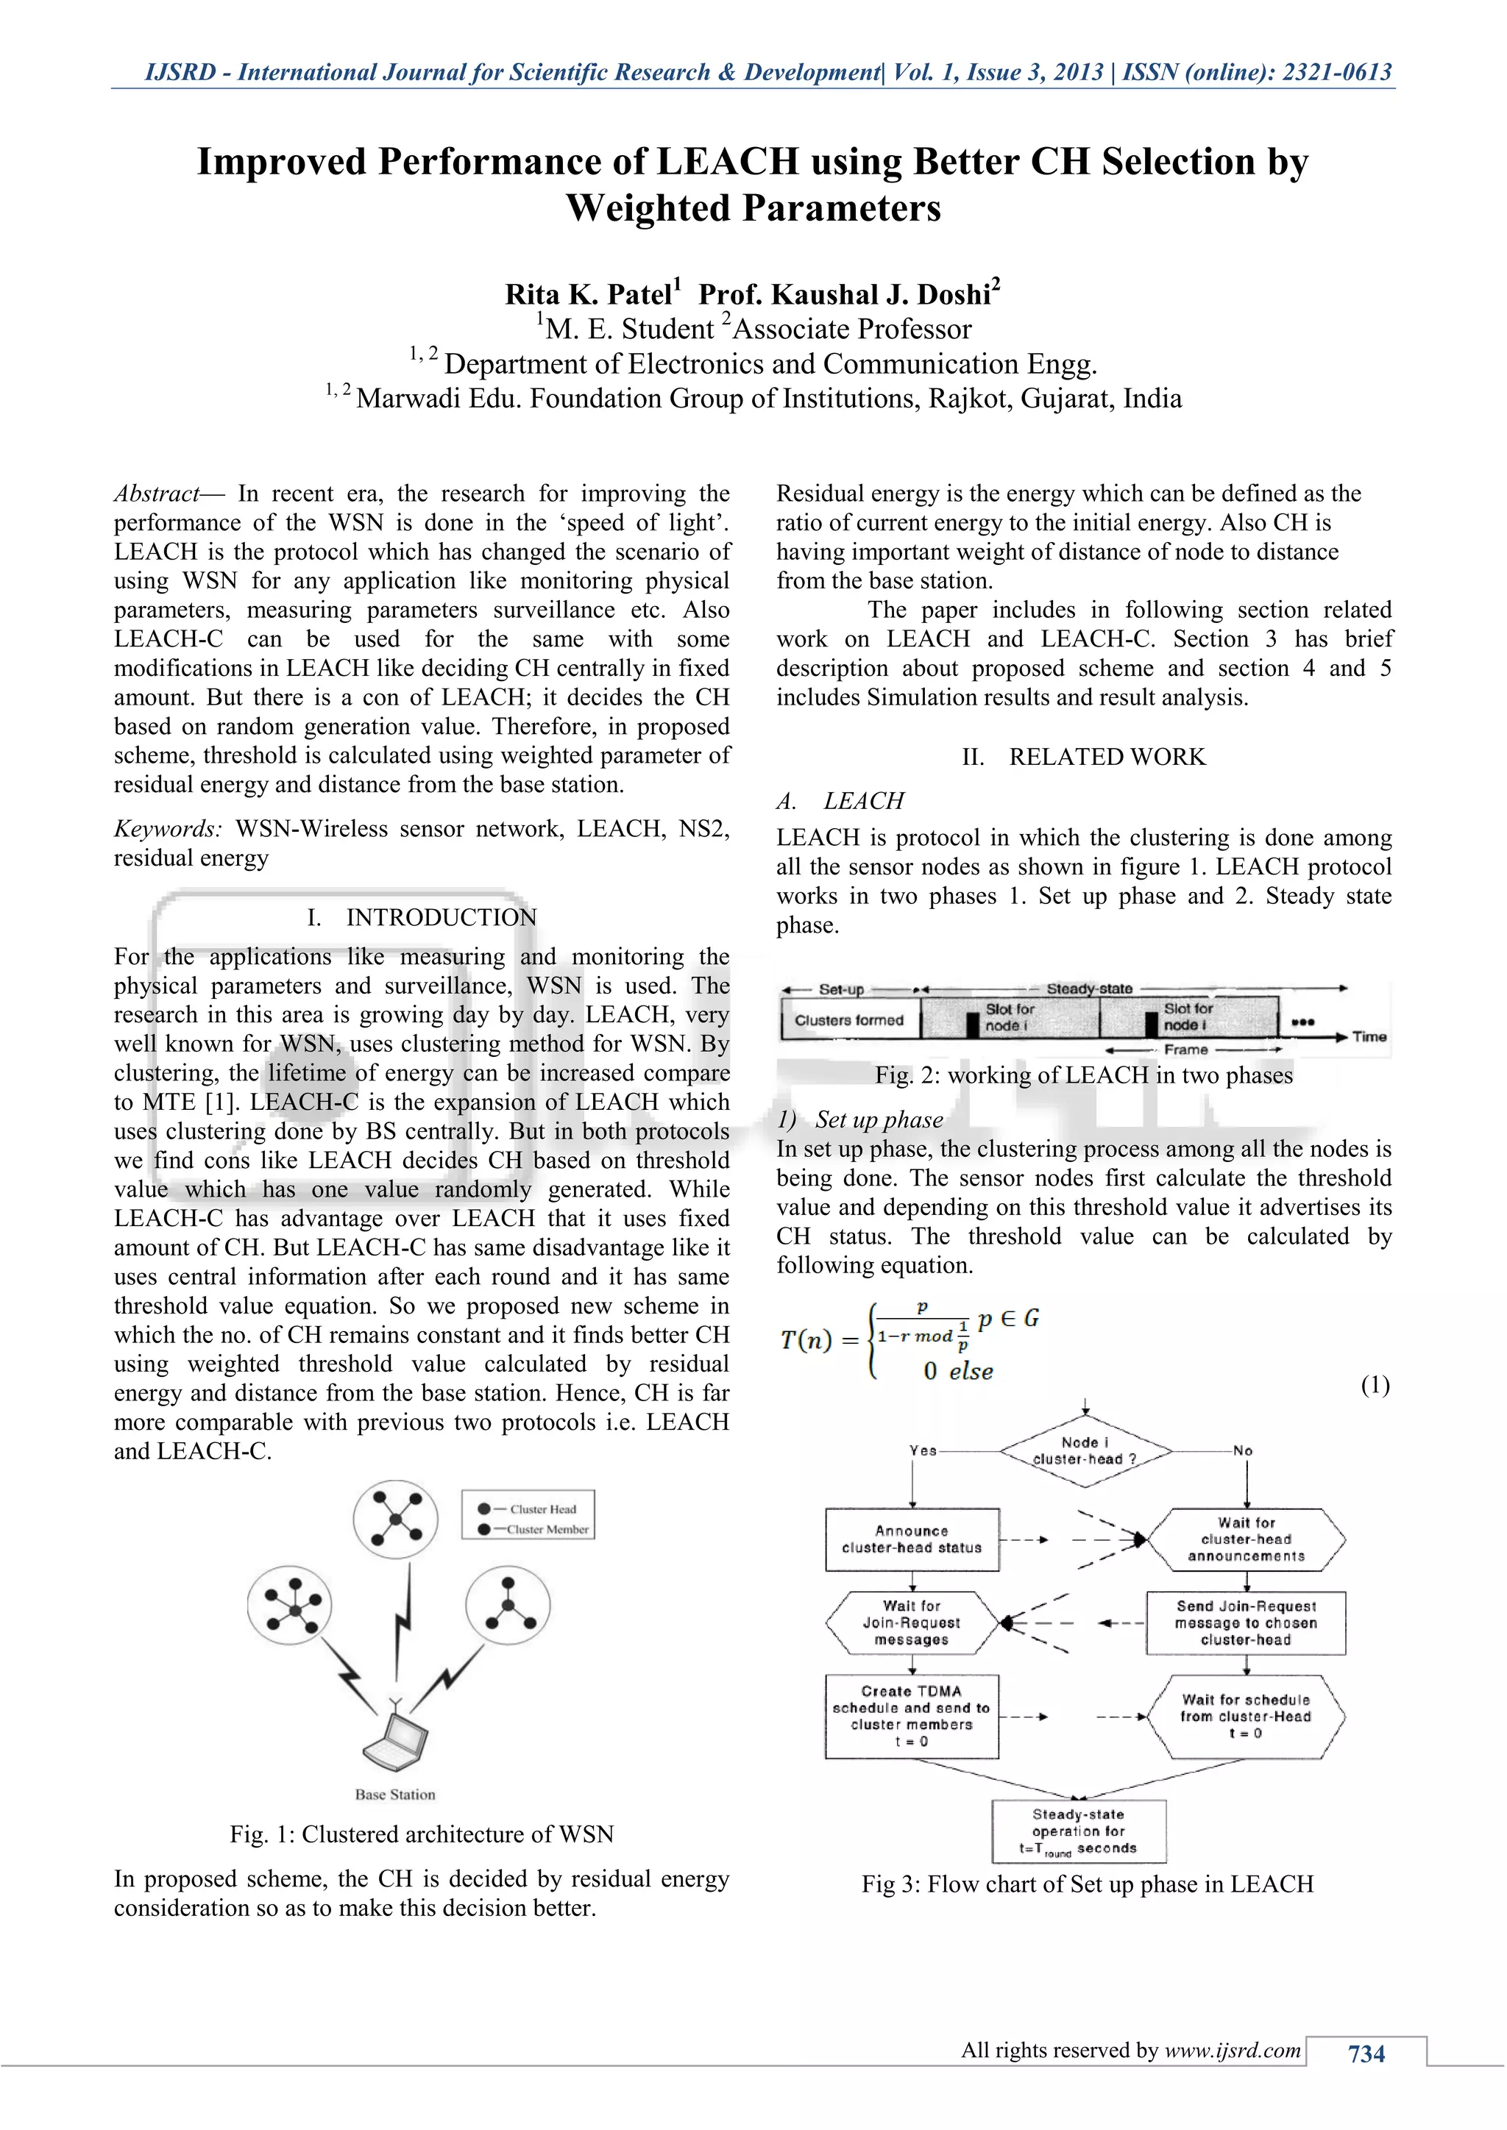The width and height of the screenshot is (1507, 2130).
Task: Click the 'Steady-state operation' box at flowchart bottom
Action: (1078, 1831)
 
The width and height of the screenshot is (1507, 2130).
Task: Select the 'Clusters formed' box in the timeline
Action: (849, 1019)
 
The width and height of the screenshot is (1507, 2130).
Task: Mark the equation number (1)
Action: (1375, 1386)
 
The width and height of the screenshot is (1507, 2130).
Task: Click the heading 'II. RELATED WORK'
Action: (1084, 757)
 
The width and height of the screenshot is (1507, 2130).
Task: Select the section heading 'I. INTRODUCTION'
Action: (422, 917)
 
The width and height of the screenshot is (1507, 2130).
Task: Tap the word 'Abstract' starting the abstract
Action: (156, 494)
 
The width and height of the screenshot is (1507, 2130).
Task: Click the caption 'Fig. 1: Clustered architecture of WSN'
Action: (422, 1834)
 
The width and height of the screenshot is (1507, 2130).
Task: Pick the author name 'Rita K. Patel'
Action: (589, 294)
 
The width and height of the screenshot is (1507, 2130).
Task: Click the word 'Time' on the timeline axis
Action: (1369, 1037)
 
